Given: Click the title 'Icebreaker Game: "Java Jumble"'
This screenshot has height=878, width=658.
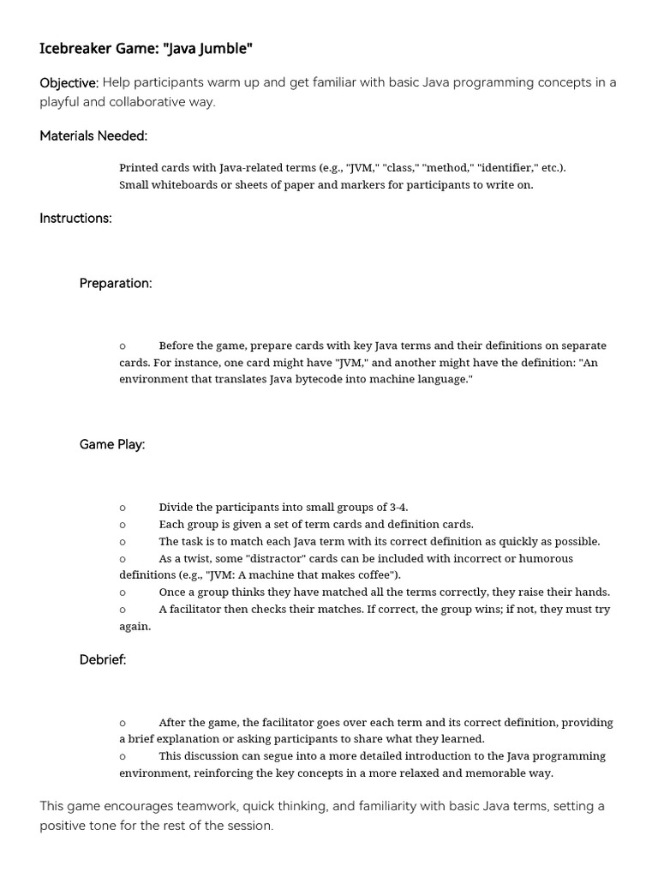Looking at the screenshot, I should [146, 49].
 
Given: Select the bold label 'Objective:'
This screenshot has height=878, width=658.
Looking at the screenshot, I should [69, 82].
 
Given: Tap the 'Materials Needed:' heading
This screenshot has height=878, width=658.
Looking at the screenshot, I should [93, 135].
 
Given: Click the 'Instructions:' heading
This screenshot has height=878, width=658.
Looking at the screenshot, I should [75, 218].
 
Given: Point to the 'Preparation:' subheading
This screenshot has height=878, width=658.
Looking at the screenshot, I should [116, 283].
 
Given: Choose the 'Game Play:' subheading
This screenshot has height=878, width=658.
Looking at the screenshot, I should [112, 444].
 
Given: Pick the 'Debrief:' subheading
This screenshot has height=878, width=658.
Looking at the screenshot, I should [103, 659].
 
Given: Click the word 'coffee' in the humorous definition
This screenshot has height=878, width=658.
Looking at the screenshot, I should [371, 574].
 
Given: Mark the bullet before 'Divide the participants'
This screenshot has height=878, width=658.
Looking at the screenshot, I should [123, 508].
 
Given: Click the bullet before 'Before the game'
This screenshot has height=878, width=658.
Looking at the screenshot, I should [123, 346].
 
